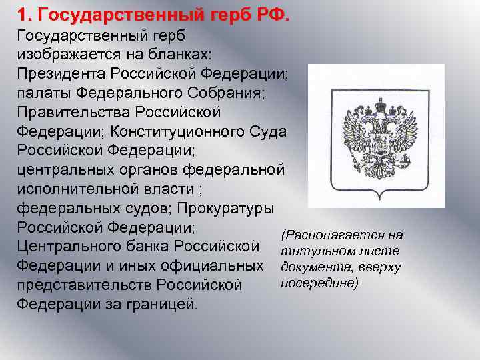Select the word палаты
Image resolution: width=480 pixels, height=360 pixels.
click(45, 93)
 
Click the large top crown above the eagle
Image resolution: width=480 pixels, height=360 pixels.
click(381, 105)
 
